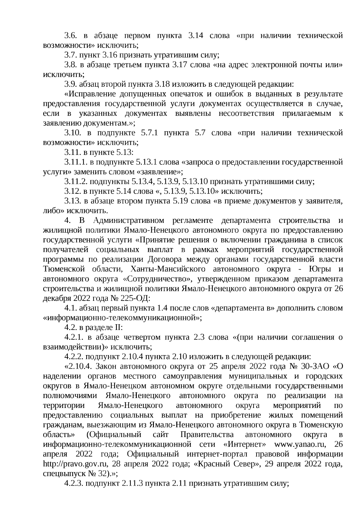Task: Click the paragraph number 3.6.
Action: [x=70, y=36]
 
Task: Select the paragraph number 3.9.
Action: [x=70, y=84]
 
